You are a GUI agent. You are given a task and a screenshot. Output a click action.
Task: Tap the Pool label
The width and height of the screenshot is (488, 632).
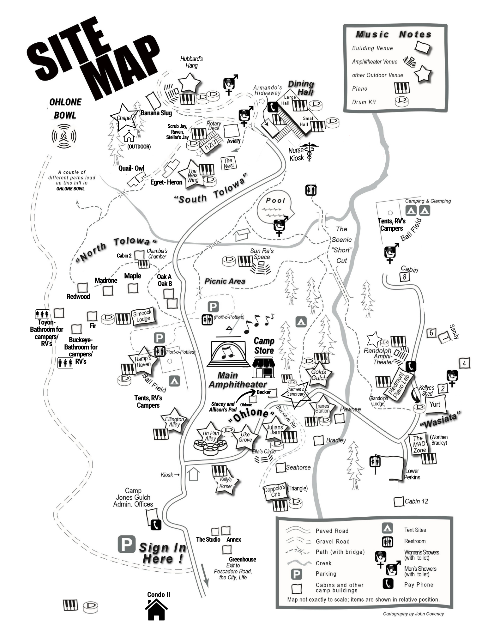(x=275, y=200)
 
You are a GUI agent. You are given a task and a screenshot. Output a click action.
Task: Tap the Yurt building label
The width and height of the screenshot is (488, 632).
(x=435, y=404)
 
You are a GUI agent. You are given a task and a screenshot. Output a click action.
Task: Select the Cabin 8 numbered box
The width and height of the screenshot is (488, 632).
(x=404, y=277)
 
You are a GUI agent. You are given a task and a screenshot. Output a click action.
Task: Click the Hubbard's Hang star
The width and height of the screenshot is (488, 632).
(x=189, y=83)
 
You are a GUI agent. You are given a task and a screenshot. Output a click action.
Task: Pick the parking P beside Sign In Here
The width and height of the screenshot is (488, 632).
(x=126, y=544)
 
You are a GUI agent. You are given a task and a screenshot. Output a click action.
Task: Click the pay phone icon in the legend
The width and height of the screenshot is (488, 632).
(x=388, y=584)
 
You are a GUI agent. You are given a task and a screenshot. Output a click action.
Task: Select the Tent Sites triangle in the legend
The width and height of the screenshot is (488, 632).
(x=387, y=528)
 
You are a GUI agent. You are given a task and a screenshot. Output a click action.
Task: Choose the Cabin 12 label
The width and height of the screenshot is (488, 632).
(x=416, y=501)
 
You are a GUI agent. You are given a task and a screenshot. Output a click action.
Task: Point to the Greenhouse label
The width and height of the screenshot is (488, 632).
(x=242, y=559)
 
